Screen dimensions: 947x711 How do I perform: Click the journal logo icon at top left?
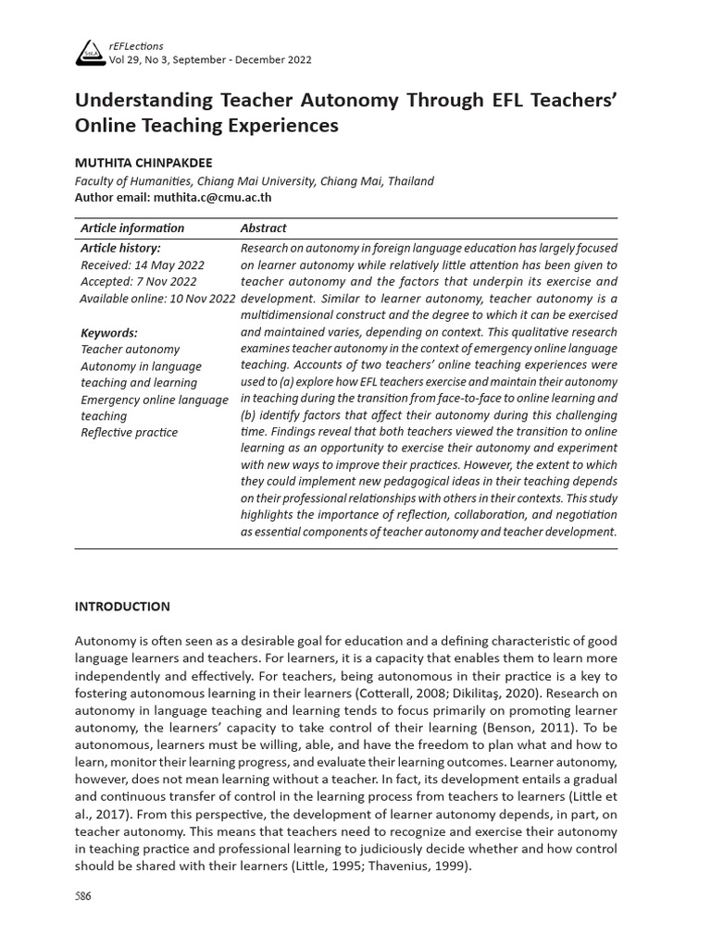click(x=89, y=54)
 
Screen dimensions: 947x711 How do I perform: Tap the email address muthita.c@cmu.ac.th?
click(x=213, y=197)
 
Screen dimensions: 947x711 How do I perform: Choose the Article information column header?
click(x=132, y=228)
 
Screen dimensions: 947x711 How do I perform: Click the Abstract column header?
click(x=263, y=228)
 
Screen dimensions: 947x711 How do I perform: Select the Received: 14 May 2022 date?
click(x=138, y=265)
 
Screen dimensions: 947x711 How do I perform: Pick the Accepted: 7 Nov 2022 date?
click(x=138, y=282)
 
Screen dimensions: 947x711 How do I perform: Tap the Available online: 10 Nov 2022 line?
click(x=157, y=299)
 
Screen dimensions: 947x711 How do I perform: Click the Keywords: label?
click(x=109, y=333)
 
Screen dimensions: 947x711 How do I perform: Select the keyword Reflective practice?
click(x=130, y=433)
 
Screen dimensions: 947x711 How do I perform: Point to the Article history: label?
click(x=120, y=249)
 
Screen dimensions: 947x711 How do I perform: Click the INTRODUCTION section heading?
click(x=122, y=607)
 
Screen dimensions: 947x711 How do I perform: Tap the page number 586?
click(x=83, y=896)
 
